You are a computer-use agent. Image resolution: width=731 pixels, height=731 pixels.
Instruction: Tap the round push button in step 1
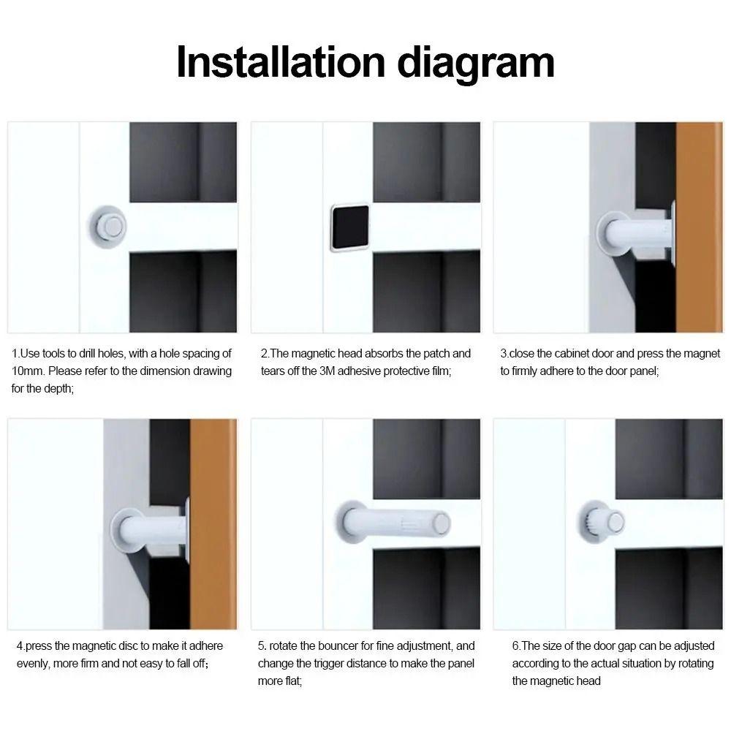(111, 227)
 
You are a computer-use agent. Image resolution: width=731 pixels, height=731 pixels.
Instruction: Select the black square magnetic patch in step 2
(349, 227)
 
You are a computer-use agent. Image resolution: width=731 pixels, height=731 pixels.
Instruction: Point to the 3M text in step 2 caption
(328, 371)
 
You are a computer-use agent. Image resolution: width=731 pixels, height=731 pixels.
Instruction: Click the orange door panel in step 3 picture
(698, 227)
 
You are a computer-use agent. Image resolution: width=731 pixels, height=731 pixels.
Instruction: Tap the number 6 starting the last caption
(515, 645)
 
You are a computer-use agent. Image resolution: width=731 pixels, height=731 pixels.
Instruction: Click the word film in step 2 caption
(439, 371)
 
